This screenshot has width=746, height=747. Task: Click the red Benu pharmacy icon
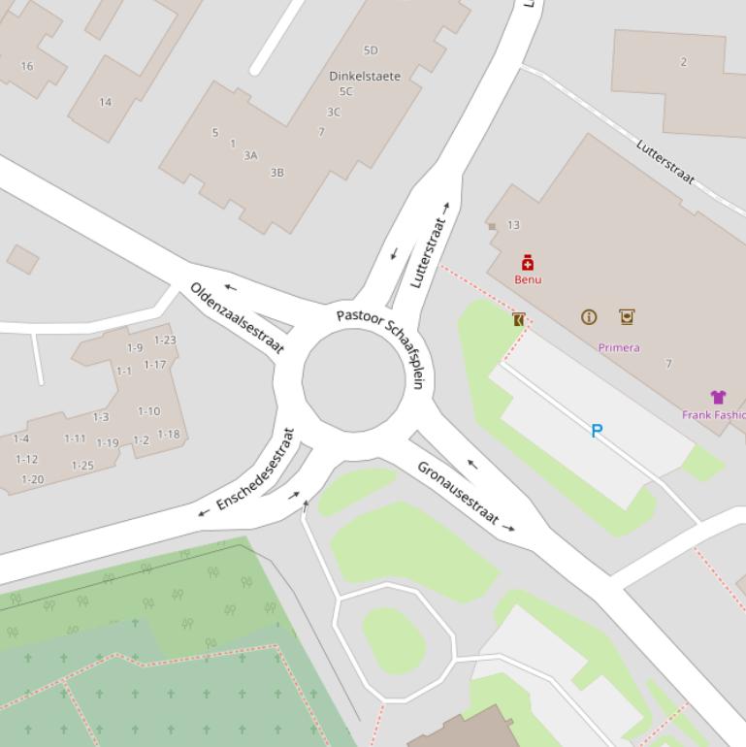528,263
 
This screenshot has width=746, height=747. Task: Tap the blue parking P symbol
597,431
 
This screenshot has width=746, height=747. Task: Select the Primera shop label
619,347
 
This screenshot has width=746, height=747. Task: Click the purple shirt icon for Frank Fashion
718,397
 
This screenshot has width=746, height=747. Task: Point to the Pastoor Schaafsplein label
381,345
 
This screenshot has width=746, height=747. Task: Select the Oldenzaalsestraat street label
238,318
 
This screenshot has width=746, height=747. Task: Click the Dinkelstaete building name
365,76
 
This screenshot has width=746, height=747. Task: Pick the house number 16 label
26,66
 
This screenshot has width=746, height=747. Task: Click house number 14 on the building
105,102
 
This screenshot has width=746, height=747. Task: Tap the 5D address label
371,50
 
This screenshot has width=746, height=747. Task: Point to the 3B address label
277,173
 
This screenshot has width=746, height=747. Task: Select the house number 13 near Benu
513,225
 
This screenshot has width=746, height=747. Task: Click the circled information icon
589,317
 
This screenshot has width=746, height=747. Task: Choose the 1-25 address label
82,466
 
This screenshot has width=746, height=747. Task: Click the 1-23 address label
166,341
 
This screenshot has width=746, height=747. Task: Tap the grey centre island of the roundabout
353,379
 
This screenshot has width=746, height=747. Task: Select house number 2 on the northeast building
683,62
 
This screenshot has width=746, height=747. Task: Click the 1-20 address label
32,479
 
